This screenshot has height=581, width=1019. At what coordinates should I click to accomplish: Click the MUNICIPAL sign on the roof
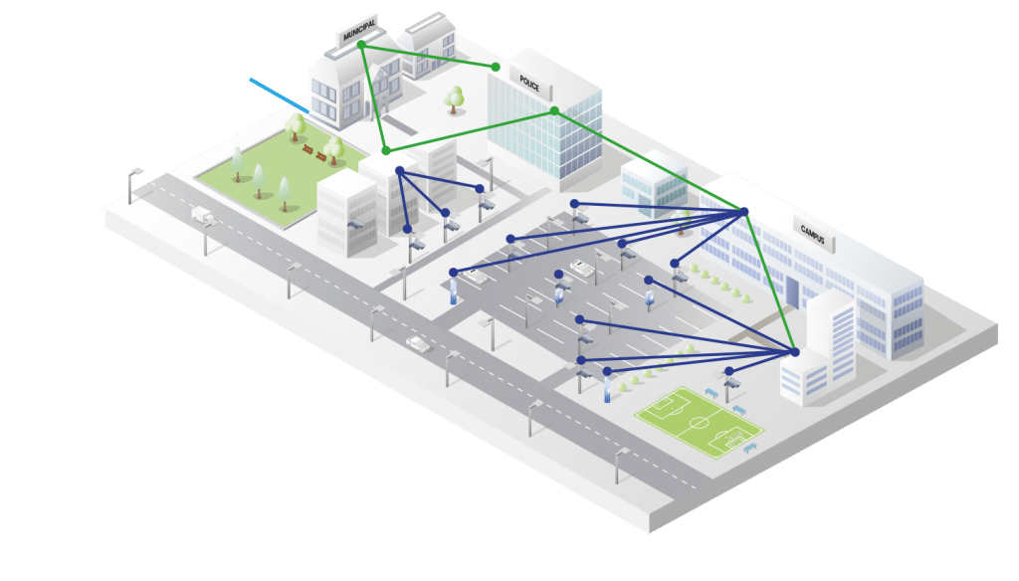(x=358, y=34)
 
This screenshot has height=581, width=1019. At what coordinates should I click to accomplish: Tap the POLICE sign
(x=529, y=84)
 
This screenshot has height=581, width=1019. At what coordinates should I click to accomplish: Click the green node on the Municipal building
(x=362, y=45)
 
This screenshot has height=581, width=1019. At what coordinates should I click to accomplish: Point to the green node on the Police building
(x=554, y=110)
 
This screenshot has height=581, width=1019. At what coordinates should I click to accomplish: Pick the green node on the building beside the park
(x=386, y=150)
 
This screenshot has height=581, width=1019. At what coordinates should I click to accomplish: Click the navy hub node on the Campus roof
(x=743, y=211)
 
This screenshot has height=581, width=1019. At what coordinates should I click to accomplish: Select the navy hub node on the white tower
(x=794, y=352)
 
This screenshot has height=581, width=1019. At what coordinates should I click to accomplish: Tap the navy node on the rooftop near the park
(x=399, y=171)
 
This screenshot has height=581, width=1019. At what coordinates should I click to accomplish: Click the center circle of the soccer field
(x=700, y=420)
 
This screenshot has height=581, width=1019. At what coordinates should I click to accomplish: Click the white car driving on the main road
(x=418, y=344)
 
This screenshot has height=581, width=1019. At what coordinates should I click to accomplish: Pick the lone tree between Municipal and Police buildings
(x=455, y=97)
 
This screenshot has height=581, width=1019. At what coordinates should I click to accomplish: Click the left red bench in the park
(x=308, y=149)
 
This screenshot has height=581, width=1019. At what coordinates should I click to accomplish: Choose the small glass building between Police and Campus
(x=653, y=186)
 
